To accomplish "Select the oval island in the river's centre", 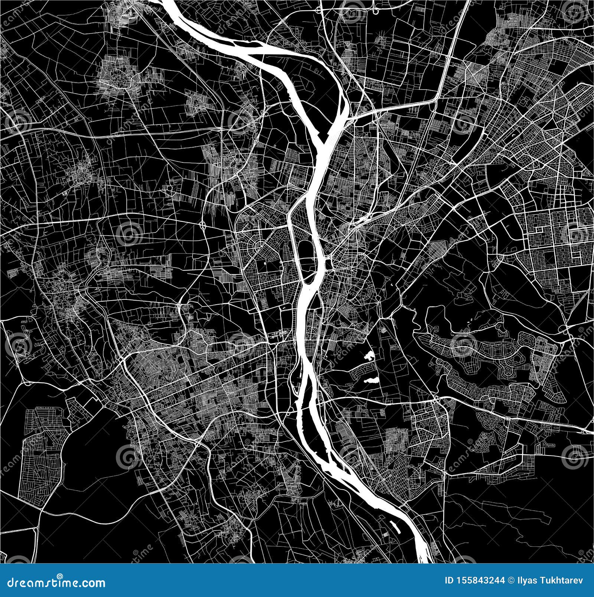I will (308, 255).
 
